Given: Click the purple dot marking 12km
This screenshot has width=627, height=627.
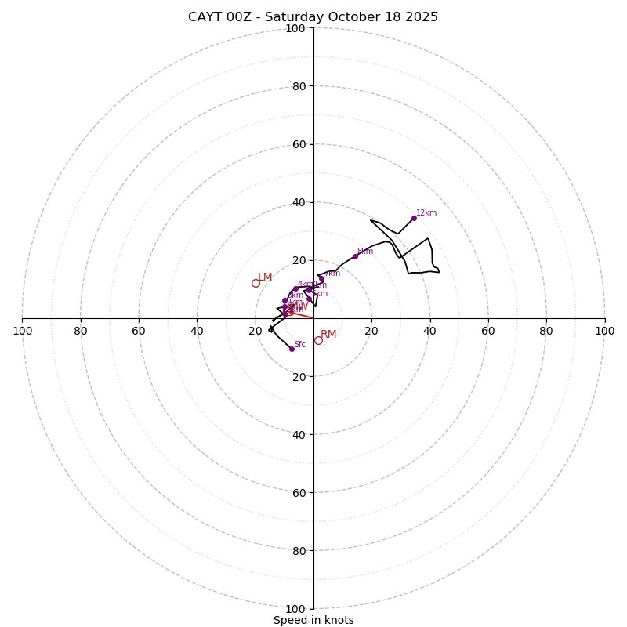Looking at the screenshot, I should pyautogui.click(x=414, y=218).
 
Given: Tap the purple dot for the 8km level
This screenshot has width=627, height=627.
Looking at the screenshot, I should pyautogui.click(x=355, y=256).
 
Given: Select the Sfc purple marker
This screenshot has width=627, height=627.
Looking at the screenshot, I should pyautogui.click(x=292, y=349).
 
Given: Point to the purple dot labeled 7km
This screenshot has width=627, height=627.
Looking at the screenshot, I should pyautogui.click(x=321, y=278).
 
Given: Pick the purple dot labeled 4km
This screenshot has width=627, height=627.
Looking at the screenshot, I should pyautogui.click(x=295, y=288).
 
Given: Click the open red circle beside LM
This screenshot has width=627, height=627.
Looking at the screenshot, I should pyautogui.click(x=256, y=283).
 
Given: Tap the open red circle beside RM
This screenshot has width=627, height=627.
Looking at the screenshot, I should pyautogui.click(x=318, y=340).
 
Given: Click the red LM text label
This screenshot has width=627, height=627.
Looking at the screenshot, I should pyautogui.click(x=265, y=277).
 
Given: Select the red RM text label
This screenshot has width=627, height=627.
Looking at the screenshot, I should pyautogui.click(x=328, y=335).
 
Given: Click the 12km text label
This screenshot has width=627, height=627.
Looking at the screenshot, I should pyautogui.click(x=426, y=212).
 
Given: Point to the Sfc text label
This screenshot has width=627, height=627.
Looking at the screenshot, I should pyautogui.click(x=299, y=344).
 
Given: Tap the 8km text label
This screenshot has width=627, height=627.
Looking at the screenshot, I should pyautogui.click(x=365, y=252).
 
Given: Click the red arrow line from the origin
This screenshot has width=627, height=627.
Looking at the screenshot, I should pyautogui.click(x=301, y=315).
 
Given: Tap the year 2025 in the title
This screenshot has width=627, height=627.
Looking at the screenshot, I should pyautogui.click(x=421, y=17).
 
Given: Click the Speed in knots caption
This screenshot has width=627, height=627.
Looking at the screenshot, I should pyautogui.click(x=313, y=620).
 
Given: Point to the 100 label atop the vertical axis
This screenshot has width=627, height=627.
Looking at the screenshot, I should pyautogui.click(x=295, y=29).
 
